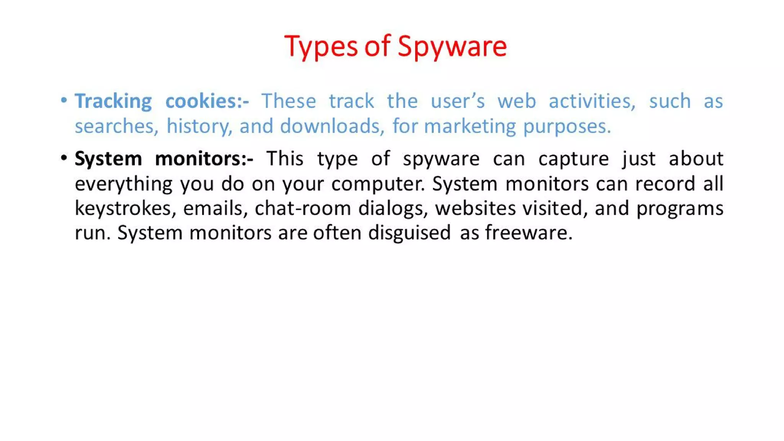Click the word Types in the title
click(x=321, y=47)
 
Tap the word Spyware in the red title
click(x=452, y=47)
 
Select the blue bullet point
click(x=64, y=100)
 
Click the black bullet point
click(x=64, y=158)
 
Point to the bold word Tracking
click(x=113, y=101)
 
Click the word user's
click(x=457, y=101)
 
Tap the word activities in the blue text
click(x=592, y=101)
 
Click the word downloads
click(x=332, y=126)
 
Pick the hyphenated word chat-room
click(x=303, y=209)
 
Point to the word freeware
click(x=529, y=233)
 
